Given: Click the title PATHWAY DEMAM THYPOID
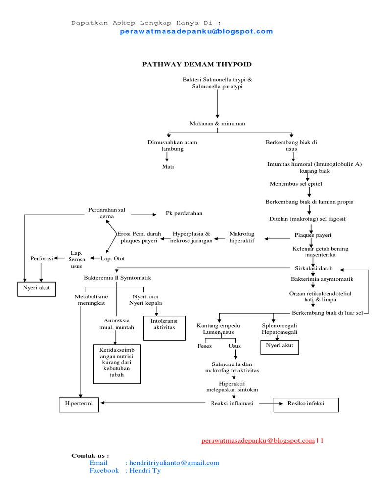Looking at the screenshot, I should click(x=196, y=64).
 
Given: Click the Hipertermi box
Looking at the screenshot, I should click(x=79, y=403).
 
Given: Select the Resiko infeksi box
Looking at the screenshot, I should click(x=305, y=404).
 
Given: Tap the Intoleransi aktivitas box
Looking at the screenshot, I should click(x=164, y=327).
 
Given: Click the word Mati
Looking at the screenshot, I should click(x=168, y=167).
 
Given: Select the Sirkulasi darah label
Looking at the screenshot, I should click(x=313, y=269).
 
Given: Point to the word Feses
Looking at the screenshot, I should click(x=204, y=346).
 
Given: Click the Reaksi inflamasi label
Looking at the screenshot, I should click(x=232, y=403).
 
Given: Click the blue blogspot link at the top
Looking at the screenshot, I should click(x=196, y=32).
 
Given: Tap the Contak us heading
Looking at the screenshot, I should click(x=90, y=455).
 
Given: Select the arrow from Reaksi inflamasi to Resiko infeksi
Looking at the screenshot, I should click(x=271, y=404).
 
